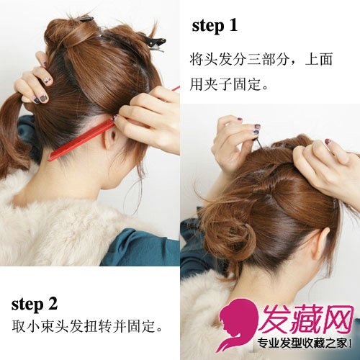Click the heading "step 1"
(215, 26)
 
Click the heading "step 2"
(35, 305)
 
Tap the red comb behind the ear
(81, 140)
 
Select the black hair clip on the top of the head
(153, 43)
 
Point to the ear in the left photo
(111, 138)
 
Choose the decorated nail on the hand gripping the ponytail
(48, 80)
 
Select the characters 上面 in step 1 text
(319, 59)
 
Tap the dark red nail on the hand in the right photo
(328, 142)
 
